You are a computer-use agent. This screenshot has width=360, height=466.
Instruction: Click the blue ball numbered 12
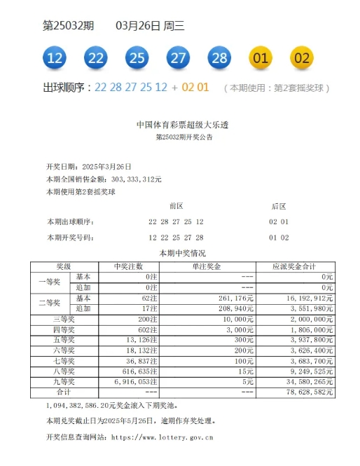pyautogui.click(x=55, y=57)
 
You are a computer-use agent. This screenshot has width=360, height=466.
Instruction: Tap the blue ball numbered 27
pyautogui.click(x=178, y=57)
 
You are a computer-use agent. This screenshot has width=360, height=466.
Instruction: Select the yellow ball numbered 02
pyautogui.click(x=301, y=57)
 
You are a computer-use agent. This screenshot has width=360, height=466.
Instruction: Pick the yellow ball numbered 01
pyautogui.click(x=261, y=57)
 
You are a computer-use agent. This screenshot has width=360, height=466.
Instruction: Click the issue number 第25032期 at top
pyautogui.click(x=68, y=26)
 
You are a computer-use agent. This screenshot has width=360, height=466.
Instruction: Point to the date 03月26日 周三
pyautogui.click(x=149, y=26)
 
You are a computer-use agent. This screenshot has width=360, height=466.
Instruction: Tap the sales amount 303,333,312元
pyautogui.click(x=132, y=179)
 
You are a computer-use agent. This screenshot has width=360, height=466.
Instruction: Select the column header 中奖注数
pyautogui.click(x=129, y=267)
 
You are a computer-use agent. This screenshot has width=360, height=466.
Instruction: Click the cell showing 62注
pyautogui.click(x=149, y=298)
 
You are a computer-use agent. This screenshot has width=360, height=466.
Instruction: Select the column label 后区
pyautogui.click(x=278, y=206)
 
